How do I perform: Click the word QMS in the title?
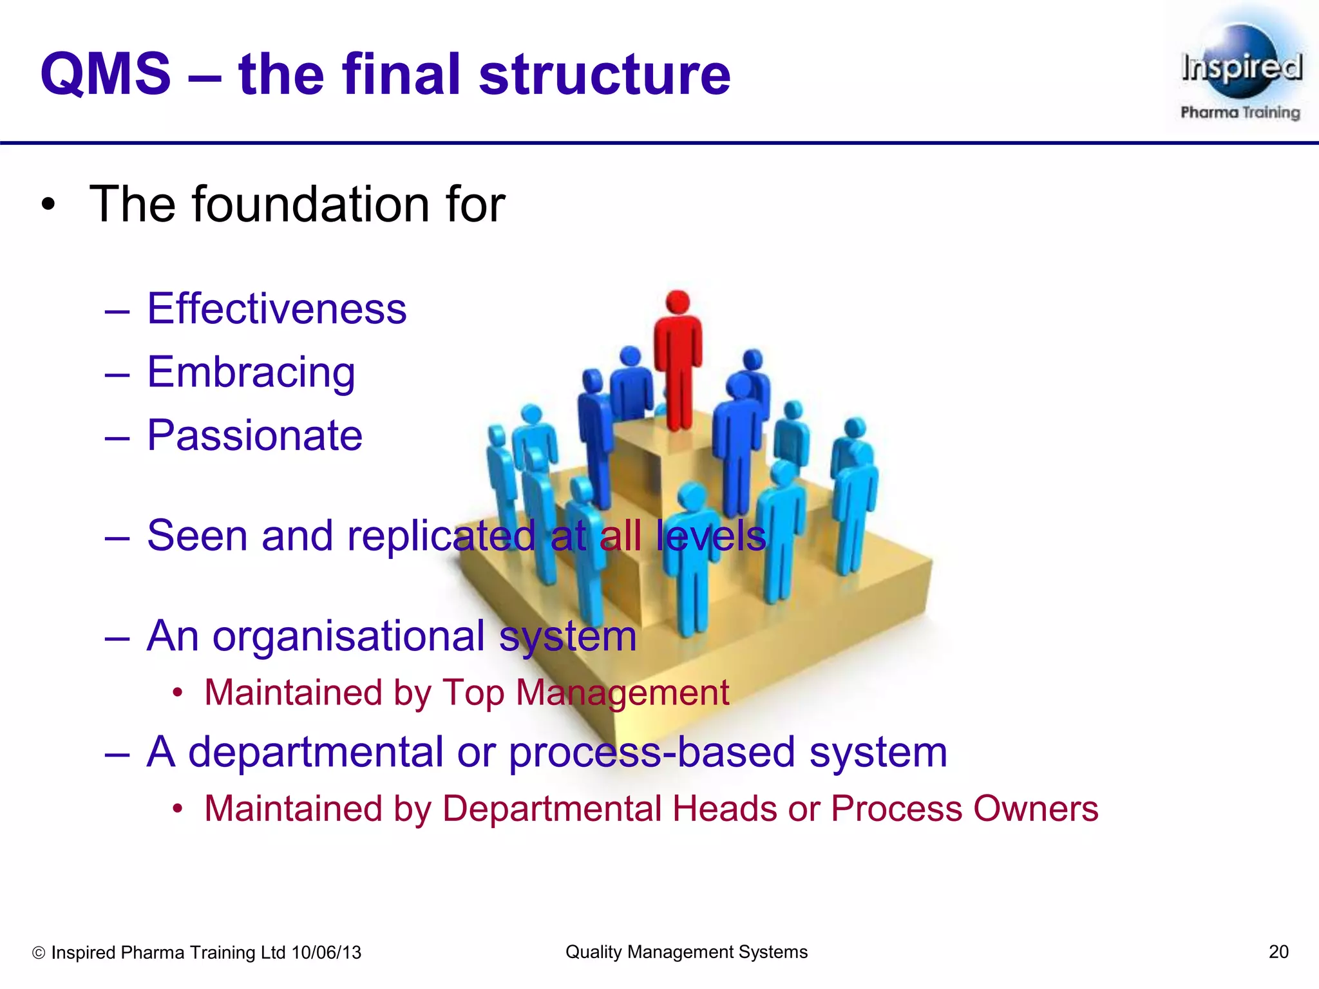(106, 74)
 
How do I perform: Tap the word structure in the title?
(604, 74)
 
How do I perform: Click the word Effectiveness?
(277, 308)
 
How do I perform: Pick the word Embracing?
(251, 372)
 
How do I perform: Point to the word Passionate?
(255, 435)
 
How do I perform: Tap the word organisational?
(348, 636)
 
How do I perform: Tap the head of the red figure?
(678, 302)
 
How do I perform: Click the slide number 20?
(1278, 952)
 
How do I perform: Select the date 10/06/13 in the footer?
(327, 952)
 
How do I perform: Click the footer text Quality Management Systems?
(687, 952)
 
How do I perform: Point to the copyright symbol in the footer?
(39, 953)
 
